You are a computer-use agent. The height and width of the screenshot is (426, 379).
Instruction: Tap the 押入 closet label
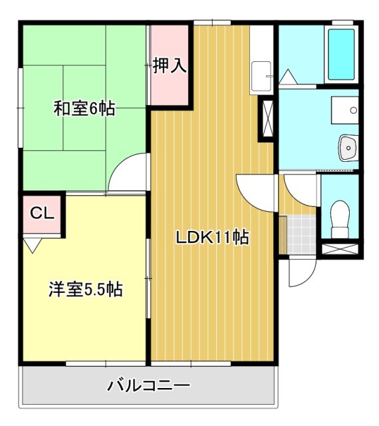[x=169, y=66]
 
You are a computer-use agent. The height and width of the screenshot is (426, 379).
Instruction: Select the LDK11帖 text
[x=212, y=237]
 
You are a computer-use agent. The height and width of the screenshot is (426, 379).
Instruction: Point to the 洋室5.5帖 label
[x=84, y=290]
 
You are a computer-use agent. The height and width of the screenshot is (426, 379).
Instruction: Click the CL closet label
[x=41, y=214]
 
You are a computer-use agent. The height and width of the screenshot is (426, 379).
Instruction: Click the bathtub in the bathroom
[x=342, y=55]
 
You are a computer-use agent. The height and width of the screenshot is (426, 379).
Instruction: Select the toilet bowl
[x=340, y=216]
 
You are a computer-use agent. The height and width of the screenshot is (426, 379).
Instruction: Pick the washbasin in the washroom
[x=348, y=148]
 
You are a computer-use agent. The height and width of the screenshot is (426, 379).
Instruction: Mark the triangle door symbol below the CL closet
[x=31, y=245]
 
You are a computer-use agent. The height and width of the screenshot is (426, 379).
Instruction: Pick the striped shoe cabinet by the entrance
[x=282, y=235]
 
